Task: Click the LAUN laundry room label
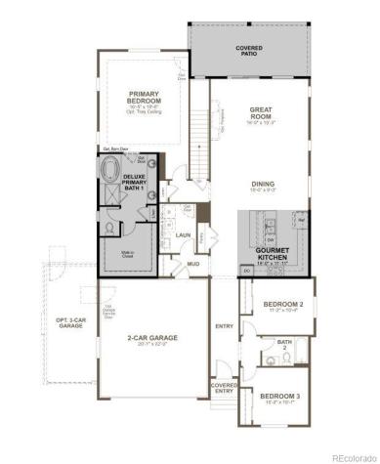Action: pyautogui.click(x=183, y=235)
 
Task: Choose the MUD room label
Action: pyautogui.click(x=193, y=264)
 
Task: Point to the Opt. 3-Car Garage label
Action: pyautogui.click(x=69, y=321)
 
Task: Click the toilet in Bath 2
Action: pyautogui.click(x=271, y=360)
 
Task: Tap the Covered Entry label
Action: pyautogui.click(x=224, y=388)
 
